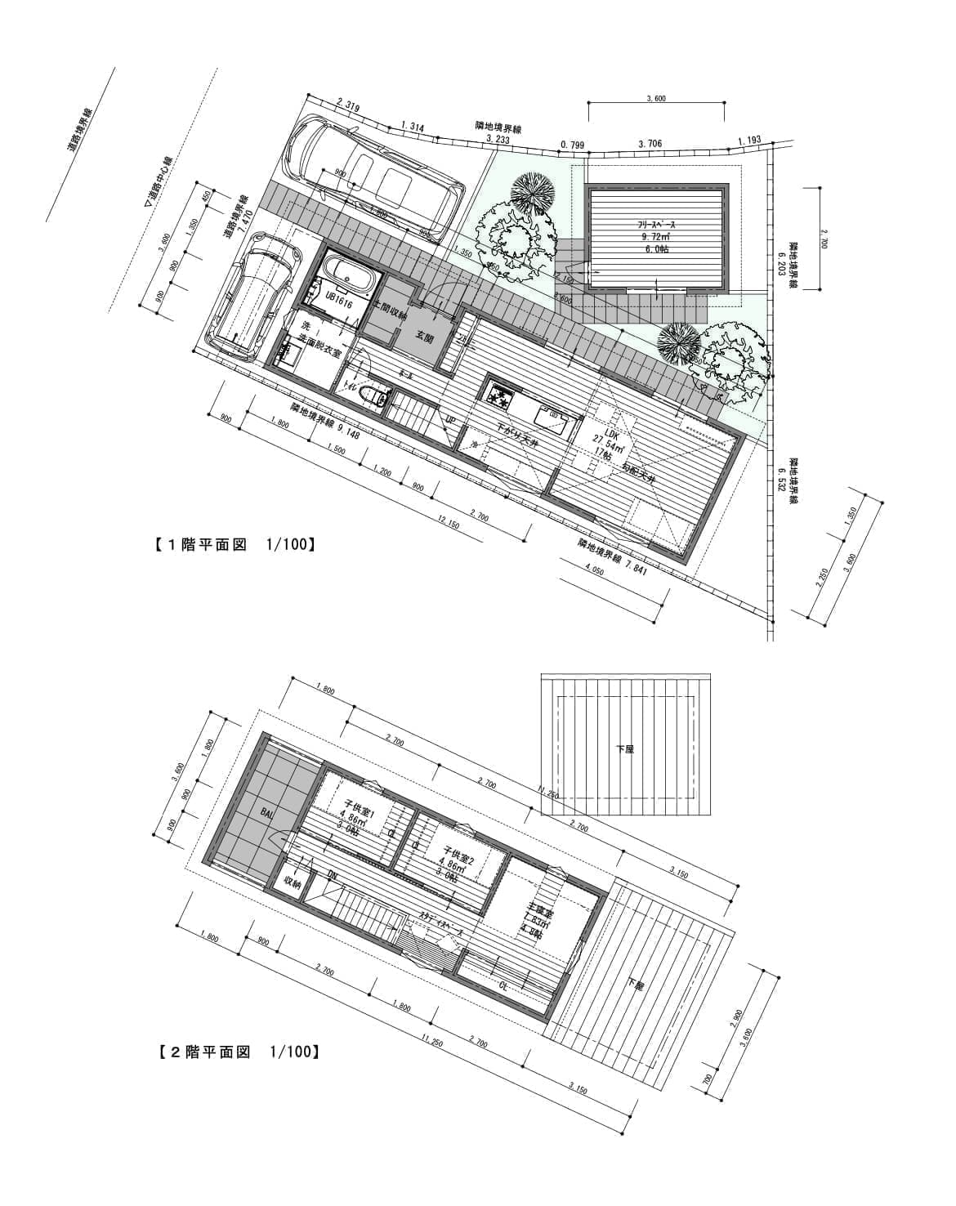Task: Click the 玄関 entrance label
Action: [x=425, y=337]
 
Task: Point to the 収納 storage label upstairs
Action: [x=293, y=882]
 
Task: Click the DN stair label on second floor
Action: [x=333, y=876]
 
